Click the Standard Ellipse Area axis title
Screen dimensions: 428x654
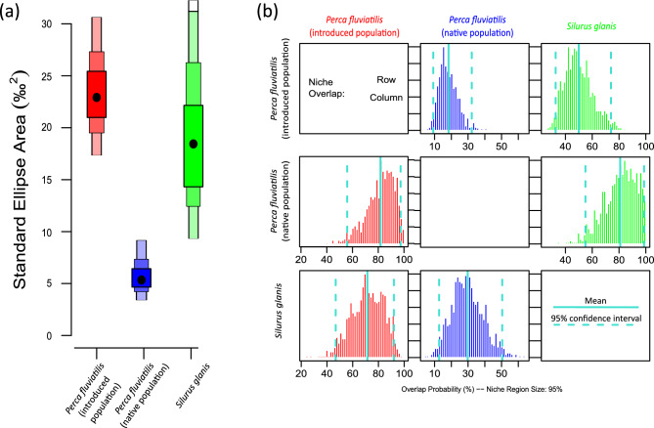tap(20, 176)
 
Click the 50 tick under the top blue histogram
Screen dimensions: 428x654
tap(500, 147)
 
